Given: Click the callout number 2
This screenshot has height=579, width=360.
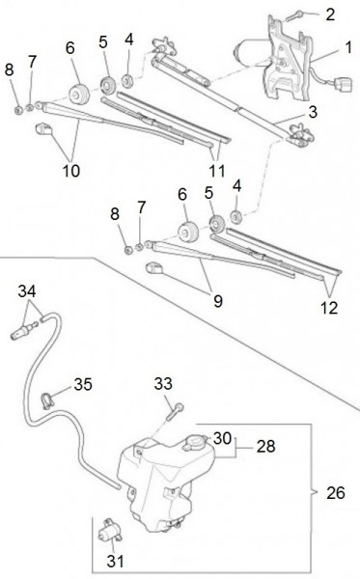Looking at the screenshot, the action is pos(330,14).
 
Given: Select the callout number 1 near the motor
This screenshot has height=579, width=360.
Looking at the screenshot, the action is pos(348,47).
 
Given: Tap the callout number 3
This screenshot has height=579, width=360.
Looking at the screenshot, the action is pos(313,112).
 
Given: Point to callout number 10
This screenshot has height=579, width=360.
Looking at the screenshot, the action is pos(71,171).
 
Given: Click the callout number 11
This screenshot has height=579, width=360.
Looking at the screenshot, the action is pos(217,171).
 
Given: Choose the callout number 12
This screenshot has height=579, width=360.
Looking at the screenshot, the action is pos(329,308).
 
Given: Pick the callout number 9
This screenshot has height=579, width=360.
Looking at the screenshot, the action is pos(218,301).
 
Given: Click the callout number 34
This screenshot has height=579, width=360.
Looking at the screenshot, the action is pos(27,291).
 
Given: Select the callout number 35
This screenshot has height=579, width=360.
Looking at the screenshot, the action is pos(83,384).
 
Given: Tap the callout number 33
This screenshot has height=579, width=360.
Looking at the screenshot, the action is pos(163,383).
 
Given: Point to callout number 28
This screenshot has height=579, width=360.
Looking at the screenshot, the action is pos(265,446).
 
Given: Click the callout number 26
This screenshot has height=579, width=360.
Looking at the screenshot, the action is pos(336,492).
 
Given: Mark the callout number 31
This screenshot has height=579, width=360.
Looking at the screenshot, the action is pos(115,562).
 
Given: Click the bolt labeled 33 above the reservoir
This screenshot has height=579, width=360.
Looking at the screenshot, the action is pos(175,412).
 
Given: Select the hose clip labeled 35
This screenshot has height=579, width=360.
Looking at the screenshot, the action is pos(46,401).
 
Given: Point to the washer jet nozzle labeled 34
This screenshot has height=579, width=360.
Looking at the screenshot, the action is pos(23,330).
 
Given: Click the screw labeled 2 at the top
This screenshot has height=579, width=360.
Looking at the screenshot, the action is pos(294,15).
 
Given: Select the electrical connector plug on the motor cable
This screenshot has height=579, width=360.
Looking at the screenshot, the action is pos(343,85).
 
